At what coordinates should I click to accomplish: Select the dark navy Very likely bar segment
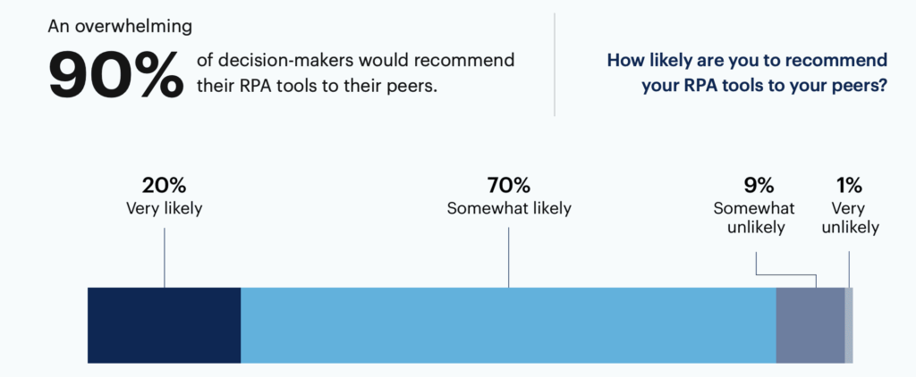coord(165,325)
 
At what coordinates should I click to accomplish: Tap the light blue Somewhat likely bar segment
coord(508,325)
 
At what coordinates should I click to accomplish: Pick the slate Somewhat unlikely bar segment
coord(810,325)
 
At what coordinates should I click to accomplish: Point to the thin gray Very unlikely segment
coord(849,325)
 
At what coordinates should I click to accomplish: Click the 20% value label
coord(165,186)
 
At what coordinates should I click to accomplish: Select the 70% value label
coord(509,186)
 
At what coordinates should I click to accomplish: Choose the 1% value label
coord(849,186)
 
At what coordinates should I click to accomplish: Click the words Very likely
coord(165,209)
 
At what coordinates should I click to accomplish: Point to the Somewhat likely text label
coord(509,209)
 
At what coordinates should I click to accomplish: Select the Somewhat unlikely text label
coord(756,218)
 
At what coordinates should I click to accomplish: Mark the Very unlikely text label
coord(850,218)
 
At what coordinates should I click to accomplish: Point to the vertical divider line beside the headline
coord(555,64)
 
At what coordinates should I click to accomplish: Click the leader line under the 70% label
coord(509,257)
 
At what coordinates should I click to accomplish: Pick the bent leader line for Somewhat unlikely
coord(785,274)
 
